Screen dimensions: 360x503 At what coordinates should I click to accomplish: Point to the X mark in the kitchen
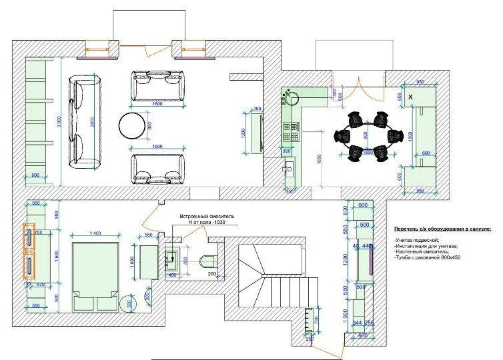coord(410,97)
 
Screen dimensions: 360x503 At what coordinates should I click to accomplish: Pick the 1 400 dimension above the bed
coord(94,233)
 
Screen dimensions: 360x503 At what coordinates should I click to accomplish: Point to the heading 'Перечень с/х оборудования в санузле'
coord(442,228)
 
